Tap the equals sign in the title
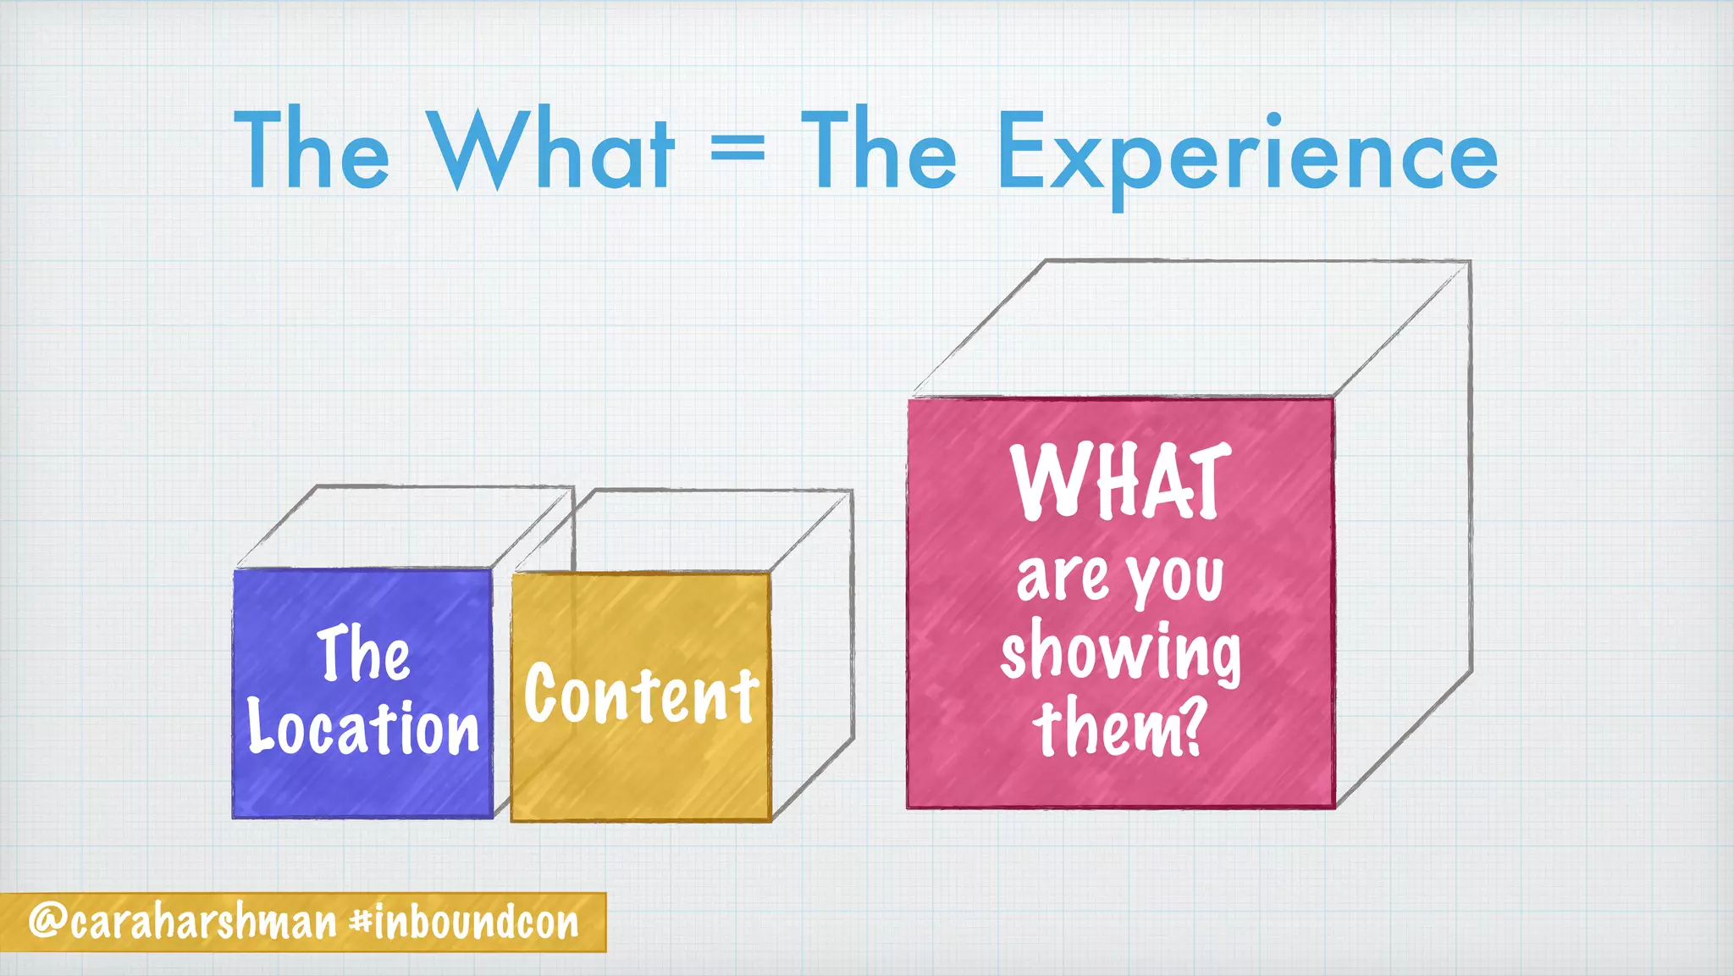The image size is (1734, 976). (737, 150)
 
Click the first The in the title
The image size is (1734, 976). (311, 150)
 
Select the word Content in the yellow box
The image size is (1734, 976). (641, 695)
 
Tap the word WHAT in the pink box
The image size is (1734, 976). (1120, 481)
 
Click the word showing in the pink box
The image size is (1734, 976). (1120, 653)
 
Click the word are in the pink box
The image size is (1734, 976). (1062, 579)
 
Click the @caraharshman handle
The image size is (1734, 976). (183, 922)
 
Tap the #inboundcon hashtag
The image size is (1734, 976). (465, 922)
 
